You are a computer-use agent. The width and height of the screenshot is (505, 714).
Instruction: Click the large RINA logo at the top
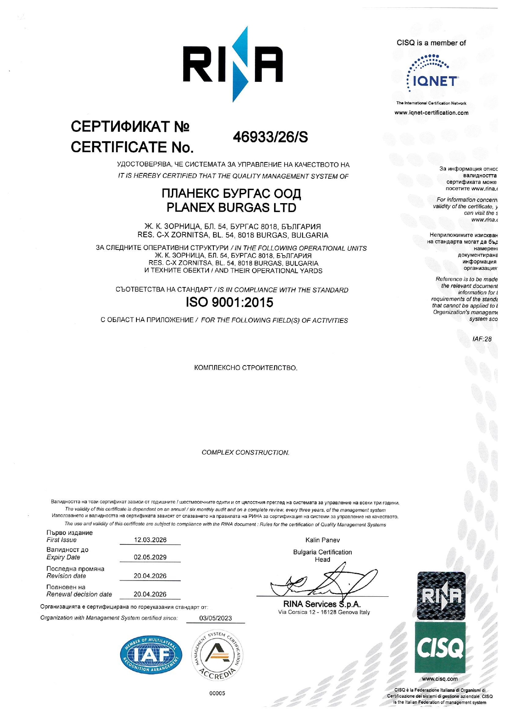coord(233,64)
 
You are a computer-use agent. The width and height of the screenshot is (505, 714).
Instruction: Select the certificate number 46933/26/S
coord(270,138)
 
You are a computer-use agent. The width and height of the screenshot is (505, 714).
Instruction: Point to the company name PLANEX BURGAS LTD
coord(231,208)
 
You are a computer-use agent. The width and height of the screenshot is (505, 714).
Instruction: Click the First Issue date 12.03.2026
coord(150,540)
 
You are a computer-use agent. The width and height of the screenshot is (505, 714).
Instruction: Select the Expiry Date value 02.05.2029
coord(150,557)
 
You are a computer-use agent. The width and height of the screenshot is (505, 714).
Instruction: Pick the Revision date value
coord(150,576)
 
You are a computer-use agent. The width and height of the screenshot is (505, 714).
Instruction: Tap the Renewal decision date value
coord(150,594)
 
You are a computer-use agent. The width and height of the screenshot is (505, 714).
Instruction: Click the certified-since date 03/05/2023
coord(215,618)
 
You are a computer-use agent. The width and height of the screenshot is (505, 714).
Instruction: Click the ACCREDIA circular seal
coord(217,655)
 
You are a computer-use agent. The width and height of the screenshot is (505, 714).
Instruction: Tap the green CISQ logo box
coord(440,648)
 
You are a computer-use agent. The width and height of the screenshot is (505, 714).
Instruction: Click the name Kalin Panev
coord(323,540)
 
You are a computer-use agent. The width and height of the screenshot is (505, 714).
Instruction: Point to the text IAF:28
coord(482,339)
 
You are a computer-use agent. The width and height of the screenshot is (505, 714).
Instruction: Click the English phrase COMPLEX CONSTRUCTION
coord(246,452)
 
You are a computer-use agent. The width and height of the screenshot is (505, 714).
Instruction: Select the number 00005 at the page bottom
coord(217,693)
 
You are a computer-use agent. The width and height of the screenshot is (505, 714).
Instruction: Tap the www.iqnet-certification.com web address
coord(431,113)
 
